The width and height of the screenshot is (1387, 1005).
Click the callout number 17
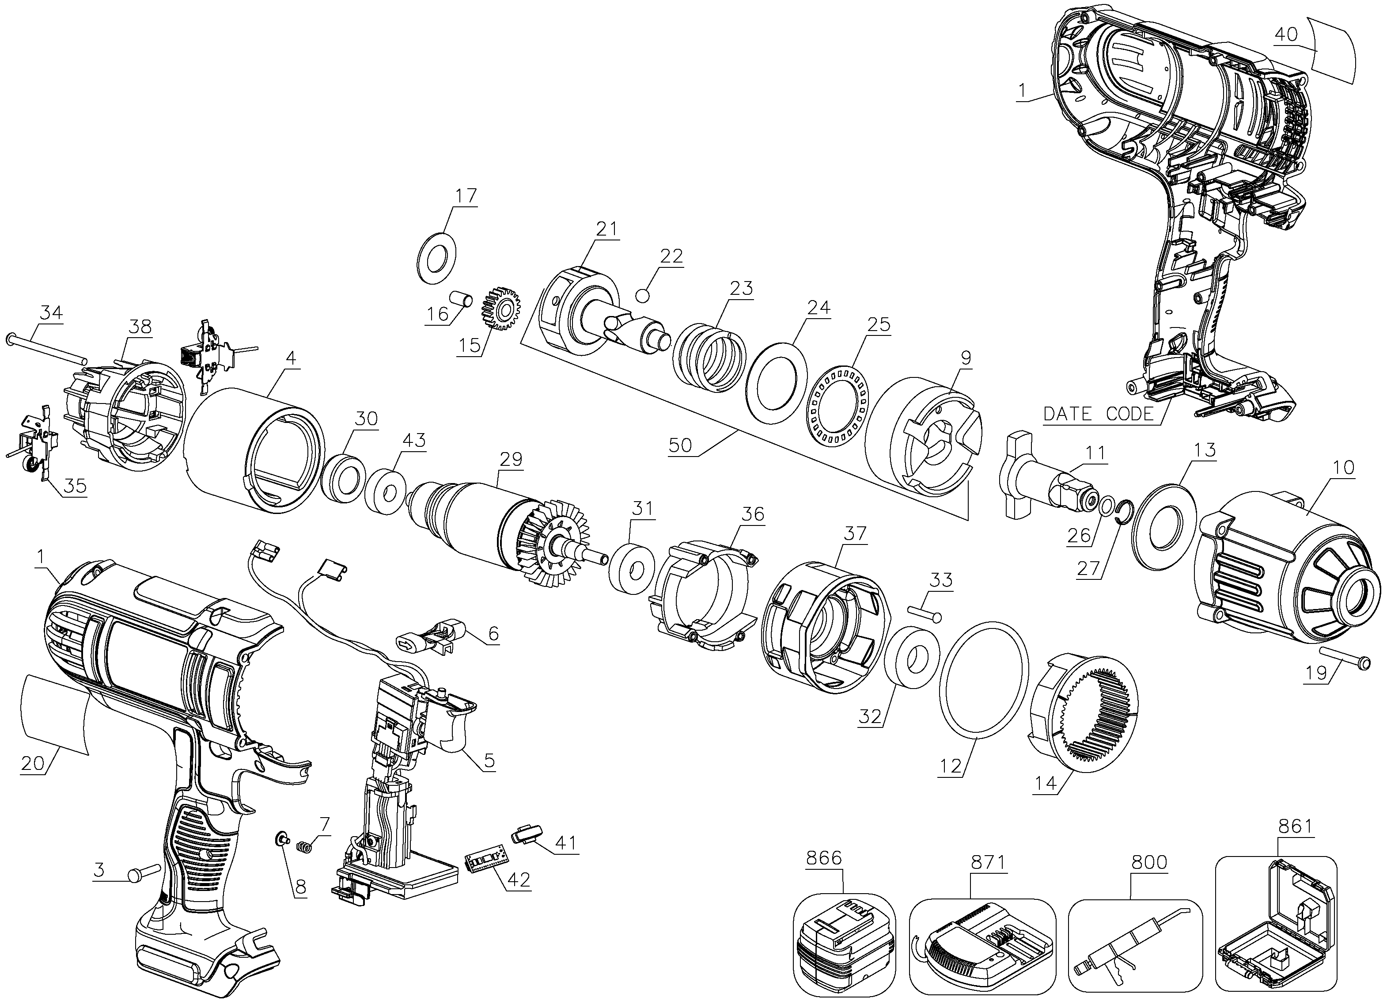[466, 196]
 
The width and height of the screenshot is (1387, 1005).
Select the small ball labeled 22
[643, 296]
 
